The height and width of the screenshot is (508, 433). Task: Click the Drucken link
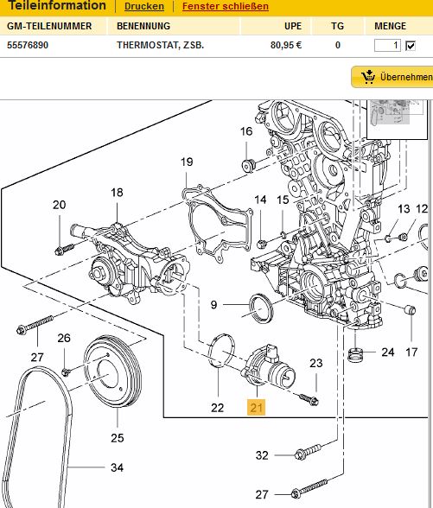click(143, 6)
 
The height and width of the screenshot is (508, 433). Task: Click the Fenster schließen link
click(226, 6)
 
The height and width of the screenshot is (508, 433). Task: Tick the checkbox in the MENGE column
click(411, 46)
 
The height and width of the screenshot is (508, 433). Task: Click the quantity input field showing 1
click(387, 45)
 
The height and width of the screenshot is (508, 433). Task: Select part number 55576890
click(28, 45)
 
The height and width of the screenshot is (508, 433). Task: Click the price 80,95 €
click(286, 45)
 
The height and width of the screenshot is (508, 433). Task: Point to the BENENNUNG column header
click(143, 26)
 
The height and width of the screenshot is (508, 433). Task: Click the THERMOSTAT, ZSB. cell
click(161, 45)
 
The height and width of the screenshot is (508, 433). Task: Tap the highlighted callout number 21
click(256, 407)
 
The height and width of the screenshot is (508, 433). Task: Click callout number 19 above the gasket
click(187, 162)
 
